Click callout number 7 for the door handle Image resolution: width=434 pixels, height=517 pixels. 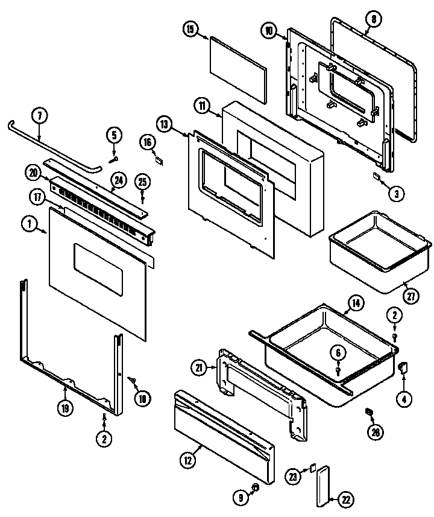point(39,115)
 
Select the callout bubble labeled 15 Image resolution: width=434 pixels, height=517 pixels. point(190,30)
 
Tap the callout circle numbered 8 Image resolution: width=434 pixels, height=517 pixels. point(374,20)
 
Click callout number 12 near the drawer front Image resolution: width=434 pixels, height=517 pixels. point(188,460)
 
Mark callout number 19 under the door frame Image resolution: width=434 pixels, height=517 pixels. point(66,408)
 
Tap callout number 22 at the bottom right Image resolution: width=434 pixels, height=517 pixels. point(346,499)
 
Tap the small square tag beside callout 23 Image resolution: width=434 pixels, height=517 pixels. point(313,468)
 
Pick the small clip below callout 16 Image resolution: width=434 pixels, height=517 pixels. point(159,160)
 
